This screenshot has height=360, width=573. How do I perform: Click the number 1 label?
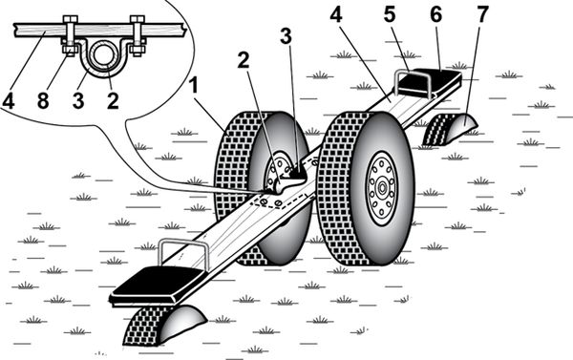(193, 87)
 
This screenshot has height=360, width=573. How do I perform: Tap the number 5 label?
(390, 14)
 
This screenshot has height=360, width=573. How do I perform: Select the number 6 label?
(435, 14)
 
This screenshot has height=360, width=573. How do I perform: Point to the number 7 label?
(482, 14)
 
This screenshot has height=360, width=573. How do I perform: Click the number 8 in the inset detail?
(43, 100)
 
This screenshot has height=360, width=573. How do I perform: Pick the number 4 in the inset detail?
(8, 100)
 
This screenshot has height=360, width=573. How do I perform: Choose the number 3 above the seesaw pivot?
(286, 36)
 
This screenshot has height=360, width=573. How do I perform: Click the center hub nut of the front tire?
(381, 188)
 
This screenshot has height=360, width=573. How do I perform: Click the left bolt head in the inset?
(70, 19)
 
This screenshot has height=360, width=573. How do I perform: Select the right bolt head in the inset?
(138, 19)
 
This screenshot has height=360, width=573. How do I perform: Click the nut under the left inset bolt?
(70, 50)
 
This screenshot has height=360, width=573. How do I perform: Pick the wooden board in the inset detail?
(98, 30)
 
